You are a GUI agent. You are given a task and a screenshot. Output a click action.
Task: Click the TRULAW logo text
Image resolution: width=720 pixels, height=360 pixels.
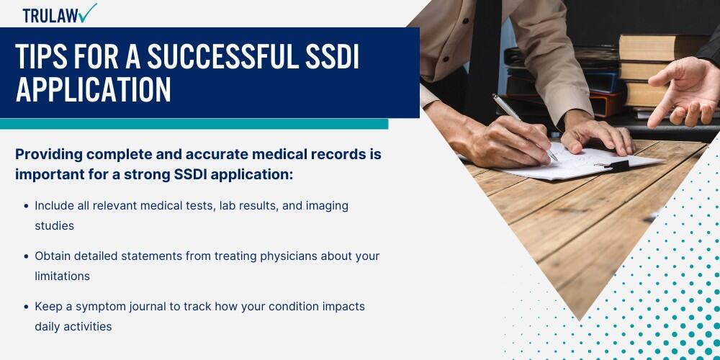click(50, 16)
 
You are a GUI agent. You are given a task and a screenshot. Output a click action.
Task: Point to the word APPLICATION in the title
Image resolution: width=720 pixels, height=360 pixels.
click(93, 90)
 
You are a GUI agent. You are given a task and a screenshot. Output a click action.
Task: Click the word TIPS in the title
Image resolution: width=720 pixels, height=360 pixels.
click(40, 57)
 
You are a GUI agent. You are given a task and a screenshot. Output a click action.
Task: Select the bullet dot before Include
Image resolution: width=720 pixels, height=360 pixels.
click(26, 206)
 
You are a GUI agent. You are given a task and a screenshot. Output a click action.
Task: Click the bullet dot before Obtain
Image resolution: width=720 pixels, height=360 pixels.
click(26, 256)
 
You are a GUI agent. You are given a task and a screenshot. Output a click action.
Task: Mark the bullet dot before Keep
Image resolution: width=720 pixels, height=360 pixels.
click(26, 306)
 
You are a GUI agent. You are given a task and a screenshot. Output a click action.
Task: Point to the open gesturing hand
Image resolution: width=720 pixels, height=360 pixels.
click(684, 92)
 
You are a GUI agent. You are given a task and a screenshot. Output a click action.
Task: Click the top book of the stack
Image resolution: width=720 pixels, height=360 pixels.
click(664, 47)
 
